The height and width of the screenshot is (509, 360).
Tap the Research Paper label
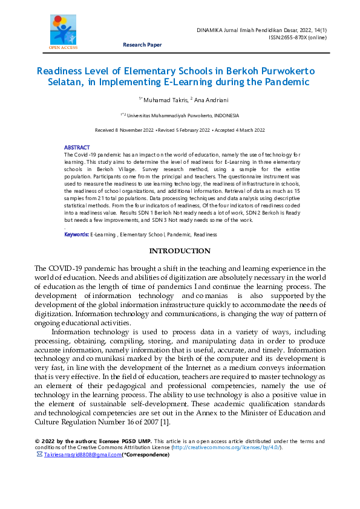click(142, 45)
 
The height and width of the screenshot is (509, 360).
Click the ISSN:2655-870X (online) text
click(297, 37)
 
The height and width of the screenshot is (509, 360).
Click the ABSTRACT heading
click(77, 148)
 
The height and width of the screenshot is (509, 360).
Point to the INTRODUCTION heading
click(180, 251)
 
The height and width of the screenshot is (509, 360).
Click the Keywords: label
click(76, 234)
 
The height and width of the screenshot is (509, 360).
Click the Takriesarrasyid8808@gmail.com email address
click(83, 454)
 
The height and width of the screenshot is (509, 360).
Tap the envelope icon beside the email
click(40, 454)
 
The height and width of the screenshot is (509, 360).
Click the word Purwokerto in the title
click(271, 71)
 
